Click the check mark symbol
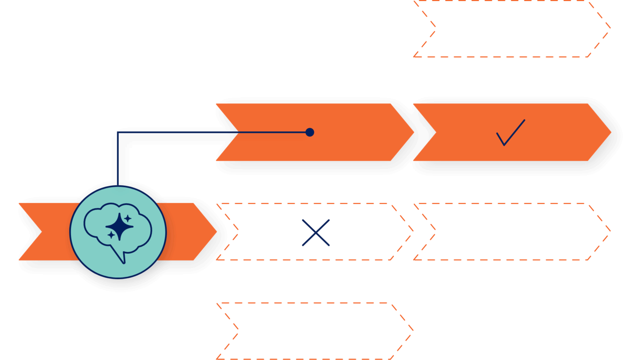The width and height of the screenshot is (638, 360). [510, 133]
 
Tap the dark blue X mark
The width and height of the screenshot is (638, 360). [316, 233]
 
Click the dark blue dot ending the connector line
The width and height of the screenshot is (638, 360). [309, 133]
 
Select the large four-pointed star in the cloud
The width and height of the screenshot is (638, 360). [120, 226]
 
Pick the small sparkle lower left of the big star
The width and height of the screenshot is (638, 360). [111, 236]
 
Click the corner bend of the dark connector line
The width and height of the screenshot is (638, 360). [117, 133]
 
